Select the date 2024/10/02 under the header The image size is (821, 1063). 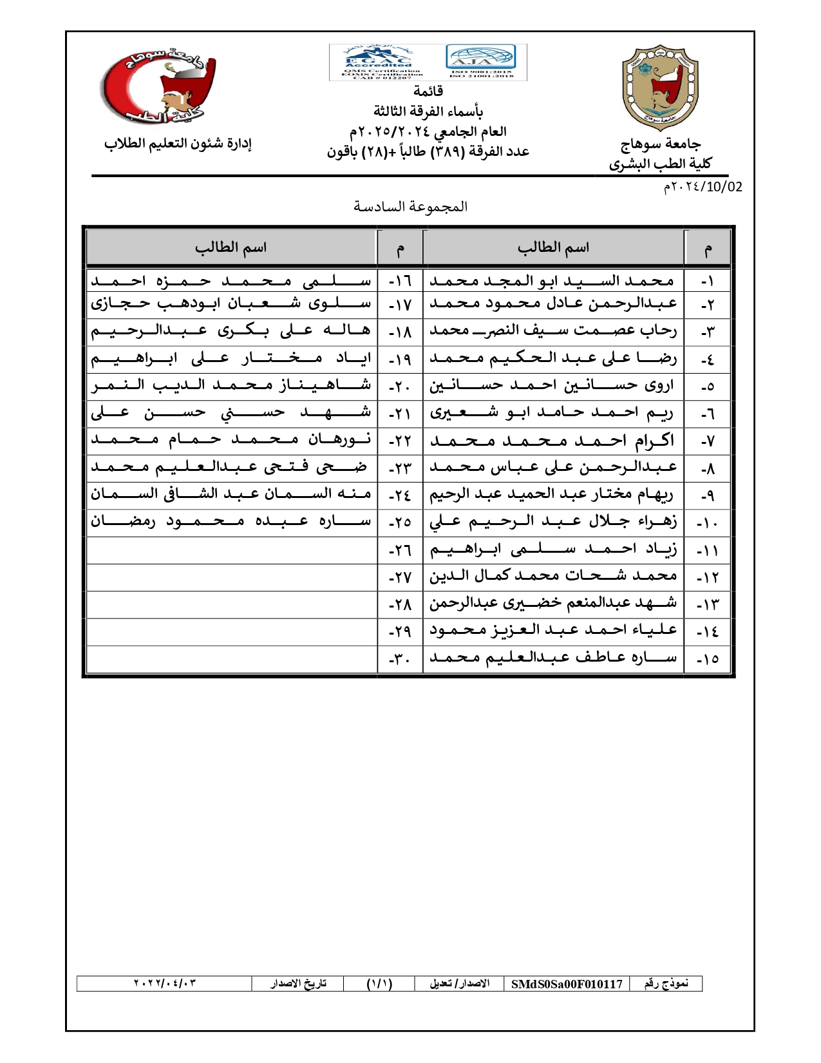(x=703, y=187)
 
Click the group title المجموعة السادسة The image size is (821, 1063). (x=410, y=207)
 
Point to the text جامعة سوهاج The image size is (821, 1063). (x=661, y=144)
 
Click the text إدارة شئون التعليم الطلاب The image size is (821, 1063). (x=178, y=144)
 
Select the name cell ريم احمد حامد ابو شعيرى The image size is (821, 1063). (x=552, y=413)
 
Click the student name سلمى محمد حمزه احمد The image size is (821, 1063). (x=231, y=281)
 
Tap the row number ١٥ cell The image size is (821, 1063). (x=708, y=659)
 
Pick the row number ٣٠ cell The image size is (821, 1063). (x=400, y=659)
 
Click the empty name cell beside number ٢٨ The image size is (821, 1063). (x=231, y=604)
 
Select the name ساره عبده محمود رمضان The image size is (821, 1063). (x=231, y=521)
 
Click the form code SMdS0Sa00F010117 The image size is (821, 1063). (x=567, y=984)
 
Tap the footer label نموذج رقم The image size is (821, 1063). (x=666, y=983)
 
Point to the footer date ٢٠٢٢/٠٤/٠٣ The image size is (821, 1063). (x=165, y=983)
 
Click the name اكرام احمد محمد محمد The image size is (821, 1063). (x=552, y=441)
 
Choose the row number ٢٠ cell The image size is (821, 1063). (x=400, y=386)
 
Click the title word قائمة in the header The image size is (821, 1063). (x=428, y=91)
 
